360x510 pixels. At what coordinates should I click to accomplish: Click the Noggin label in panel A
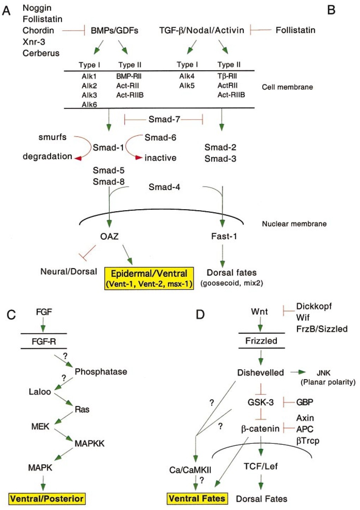(x=37, y=8)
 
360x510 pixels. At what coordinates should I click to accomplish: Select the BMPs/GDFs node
(x=114, y=31)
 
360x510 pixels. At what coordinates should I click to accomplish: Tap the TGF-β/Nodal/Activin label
(x=202, y=30)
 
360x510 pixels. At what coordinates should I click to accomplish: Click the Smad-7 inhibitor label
(x=164, y=120)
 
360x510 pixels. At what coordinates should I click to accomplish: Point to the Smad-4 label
(x=164, y=187)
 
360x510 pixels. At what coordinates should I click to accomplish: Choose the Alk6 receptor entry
(x=89, y=104)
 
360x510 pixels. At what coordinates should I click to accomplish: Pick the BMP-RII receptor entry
(x=129, y=76)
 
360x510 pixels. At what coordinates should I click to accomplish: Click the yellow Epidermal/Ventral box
(x=149, y=278)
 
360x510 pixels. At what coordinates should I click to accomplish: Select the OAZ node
(x=109, y=236)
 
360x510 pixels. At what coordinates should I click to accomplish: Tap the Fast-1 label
(x=224, y=236)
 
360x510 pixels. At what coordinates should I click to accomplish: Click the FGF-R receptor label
(x=44, y=341)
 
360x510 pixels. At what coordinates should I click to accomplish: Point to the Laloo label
(x=40, y=391)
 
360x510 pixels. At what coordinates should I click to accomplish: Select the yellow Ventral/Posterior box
(x=47, y=498)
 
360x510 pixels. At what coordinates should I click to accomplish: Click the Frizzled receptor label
(x=261, y=341)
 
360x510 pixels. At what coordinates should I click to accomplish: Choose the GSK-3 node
(x=261, y=402)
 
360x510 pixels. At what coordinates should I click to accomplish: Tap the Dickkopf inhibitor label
(x=314, y=306)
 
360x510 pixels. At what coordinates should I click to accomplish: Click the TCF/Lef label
(x=261, y=466)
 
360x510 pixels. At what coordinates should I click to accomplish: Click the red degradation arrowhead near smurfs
(x=78, y=158)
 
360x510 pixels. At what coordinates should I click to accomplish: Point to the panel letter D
(x=200, y=314)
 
